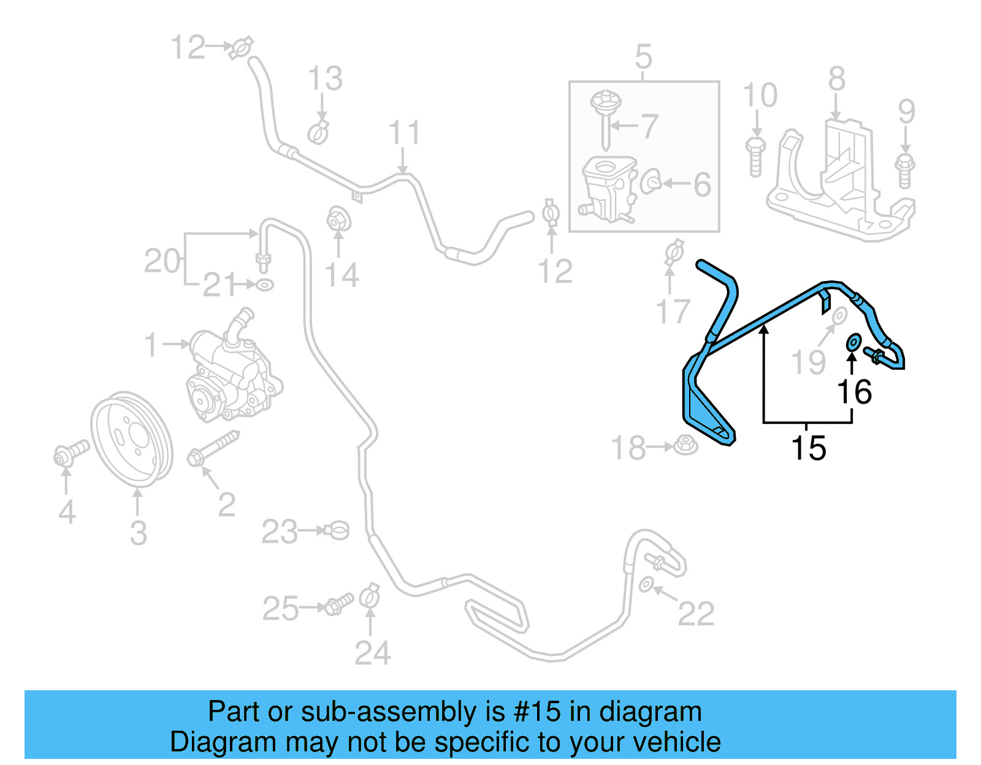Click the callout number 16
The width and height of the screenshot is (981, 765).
pos(854,392)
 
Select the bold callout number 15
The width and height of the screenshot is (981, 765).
pos(809,448)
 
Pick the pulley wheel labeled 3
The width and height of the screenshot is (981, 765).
pos(132,440)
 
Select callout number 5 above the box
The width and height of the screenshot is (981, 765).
pos(643,56)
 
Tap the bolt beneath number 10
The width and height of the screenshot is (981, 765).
pos(755,156)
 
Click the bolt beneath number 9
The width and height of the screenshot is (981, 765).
pos(905,170)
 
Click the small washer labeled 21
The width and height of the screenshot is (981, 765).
pos(265,285)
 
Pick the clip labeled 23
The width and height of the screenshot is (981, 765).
pos(338,530)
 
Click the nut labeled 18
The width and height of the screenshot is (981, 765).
pos(685,445)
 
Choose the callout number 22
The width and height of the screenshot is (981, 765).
pos(696,614)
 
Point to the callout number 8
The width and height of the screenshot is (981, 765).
pos(837,80)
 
